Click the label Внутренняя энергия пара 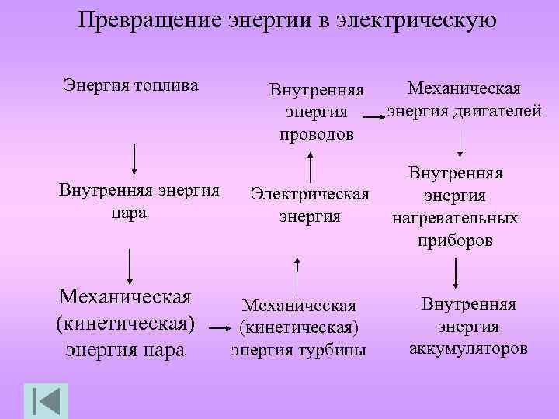tap(139, 200)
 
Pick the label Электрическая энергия tap(310, 204)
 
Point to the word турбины tap(333, 351)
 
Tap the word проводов tap(316, 134)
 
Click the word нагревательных tap(455, 218)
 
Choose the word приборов tap(455, 240)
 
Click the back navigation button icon tap(46, 400)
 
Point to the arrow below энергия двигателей tap(461, 144)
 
